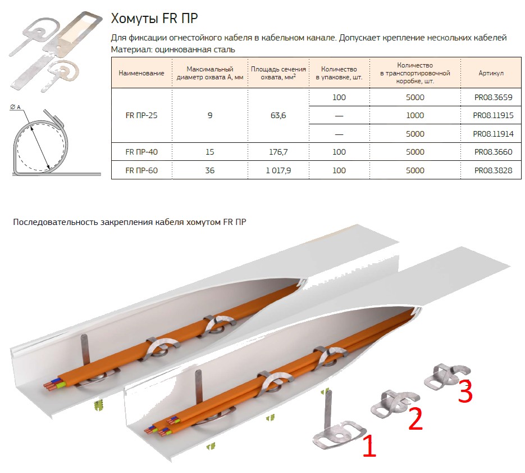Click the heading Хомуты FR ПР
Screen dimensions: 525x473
154,19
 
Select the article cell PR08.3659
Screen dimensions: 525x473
493,97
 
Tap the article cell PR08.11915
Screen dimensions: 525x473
493,115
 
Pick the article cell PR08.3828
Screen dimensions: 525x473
493,170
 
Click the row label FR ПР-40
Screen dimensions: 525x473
141,152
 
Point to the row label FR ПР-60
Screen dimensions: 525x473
141,170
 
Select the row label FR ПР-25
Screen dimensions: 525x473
141,115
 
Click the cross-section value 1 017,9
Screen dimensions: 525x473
279,170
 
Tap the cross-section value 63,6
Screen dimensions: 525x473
279,115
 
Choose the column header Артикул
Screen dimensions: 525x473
491,73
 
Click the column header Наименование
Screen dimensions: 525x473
141,73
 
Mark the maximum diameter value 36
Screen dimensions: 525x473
210,170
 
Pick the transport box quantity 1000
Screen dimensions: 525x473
415,115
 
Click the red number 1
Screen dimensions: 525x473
369,445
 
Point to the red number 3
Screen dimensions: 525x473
465,391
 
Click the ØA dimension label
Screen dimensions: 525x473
15,107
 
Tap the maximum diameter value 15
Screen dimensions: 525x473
210,152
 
